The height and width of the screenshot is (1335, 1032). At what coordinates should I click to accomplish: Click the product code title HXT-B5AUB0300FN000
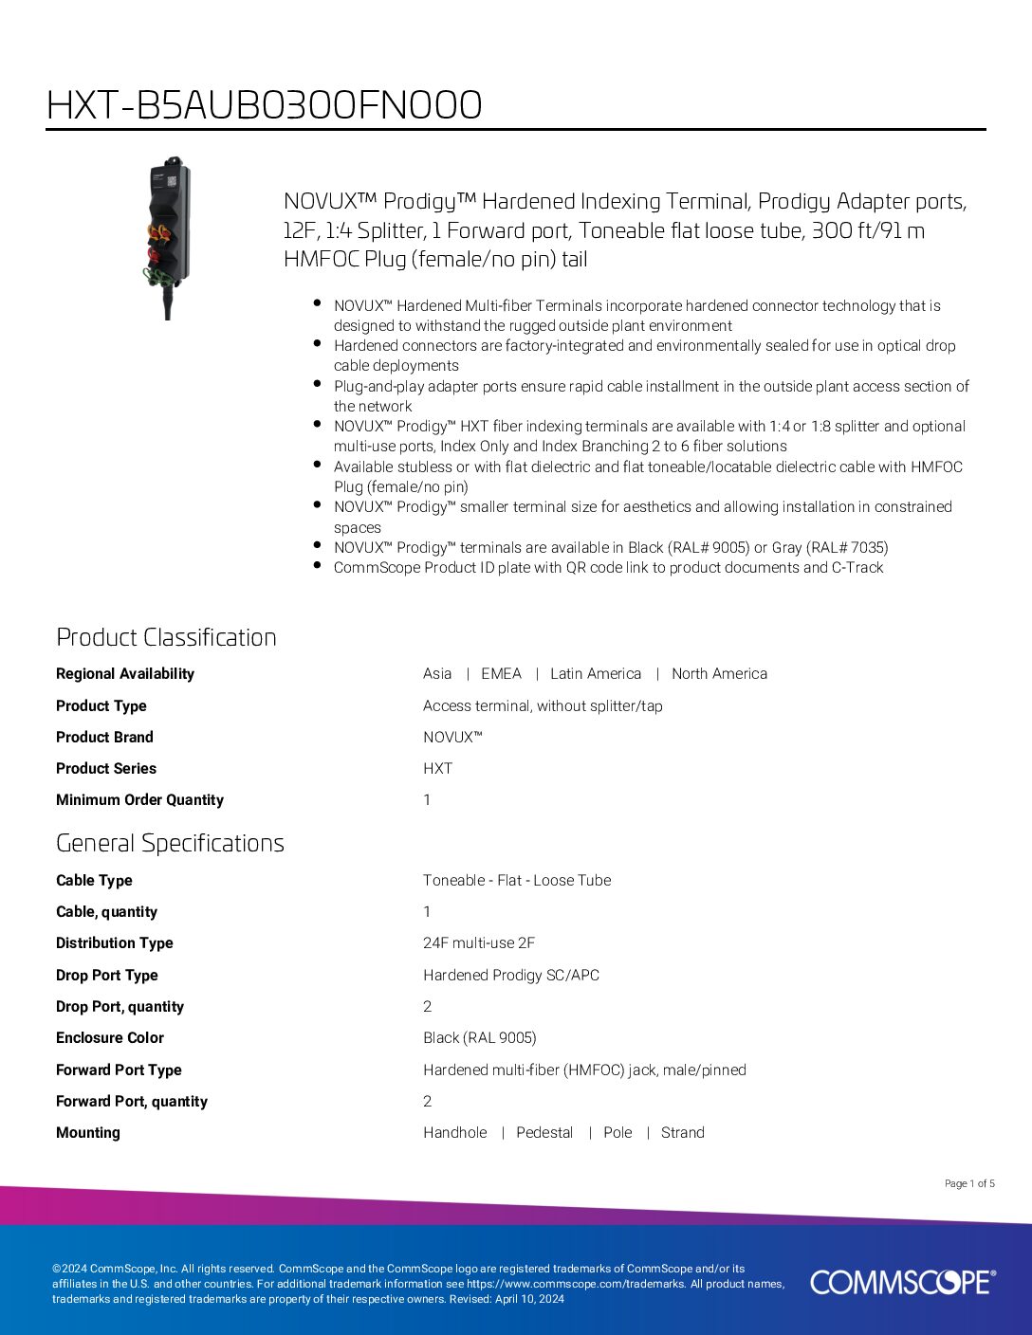(264, 105)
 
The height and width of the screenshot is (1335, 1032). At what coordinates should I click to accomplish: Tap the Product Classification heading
(166, 637)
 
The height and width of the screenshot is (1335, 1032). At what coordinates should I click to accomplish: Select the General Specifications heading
(170, 843)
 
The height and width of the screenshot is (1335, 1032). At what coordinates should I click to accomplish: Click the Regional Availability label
(125, 674)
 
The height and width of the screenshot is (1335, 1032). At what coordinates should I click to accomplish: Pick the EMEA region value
(501, 674)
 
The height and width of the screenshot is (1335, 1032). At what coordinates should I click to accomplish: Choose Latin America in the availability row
(596, 674)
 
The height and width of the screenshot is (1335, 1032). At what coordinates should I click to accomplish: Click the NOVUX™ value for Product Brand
(452, 738)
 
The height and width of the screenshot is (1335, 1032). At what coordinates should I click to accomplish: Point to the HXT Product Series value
(437, 769)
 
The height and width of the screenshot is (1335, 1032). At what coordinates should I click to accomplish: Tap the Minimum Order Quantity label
(139, 800)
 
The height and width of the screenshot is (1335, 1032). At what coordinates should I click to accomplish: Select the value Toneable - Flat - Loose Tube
(517, 881)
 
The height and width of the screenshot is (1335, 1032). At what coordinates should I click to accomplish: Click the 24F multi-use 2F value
(479, 943)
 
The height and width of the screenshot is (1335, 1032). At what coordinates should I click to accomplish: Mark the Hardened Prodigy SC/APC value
(511, 976)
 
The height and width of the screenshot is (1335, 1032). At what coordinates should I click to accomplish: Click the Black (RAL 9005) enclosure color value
(480, 1038)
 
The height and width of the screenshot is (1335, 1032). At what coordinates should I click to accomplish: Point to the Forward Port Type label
(119, 1070)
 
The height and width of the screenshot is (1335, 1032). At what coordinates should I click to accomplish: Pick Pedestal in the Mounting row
(544, 1133)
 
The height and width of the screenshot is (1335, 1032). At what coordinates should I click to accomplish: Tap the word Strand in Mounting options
(683, 1133)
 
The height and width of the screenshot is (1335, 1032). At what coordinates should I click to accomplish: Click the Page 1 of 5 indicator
(969, 1183)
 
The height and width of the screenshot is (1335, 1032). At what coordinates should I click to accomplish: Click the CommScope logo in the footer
(902, 1282)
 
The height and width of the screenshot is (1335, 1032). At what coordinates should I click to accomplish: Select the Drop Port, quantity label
(120, 1007)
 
